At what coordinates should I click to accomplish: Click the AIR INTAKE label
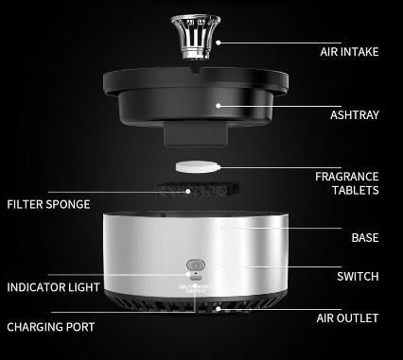[x=349, y=52]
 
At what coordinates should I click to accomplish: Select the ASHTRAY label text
[x=354, y=115]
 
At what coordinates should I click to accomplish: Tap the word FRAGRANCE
[x=347, y=177]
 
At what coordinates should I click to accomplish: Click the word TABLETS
[x=355, y=190]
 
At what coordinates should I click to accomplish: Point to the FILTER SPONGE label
[x=48, y=204]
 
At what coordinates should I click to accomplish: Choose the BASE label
[x=365, y=237]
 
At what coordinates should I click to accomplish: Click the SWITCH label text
[x=358, y=277]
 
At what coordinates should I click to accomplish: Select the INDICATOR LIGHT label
[x=53, y=287]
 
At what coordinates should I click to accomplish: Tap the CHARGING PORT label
[x=51, y=327]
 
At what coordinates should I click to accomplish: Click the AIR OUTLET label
[x=347, y=318]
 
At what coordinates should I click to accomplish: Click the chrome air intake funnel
[x=196, y=37]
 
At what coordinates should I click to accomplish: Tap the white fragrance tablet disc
[x=198, y=166]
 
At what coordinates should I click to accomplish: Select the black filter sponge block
[x=197, y=189]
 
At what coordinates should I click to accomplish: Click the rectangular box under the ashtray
[x=196, y=135]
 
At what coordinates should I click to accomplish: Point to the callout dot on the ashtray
[x=219, y=106]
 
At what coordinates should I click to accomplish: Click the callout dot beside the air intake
[x=219, y=43]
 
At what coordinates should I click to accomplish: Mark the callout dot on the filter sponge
[x=188, y=191]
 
